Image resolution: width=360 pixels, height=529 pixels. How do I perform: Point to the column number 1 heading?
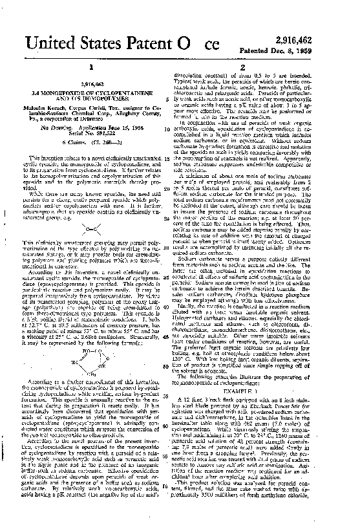coord(90,67)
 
